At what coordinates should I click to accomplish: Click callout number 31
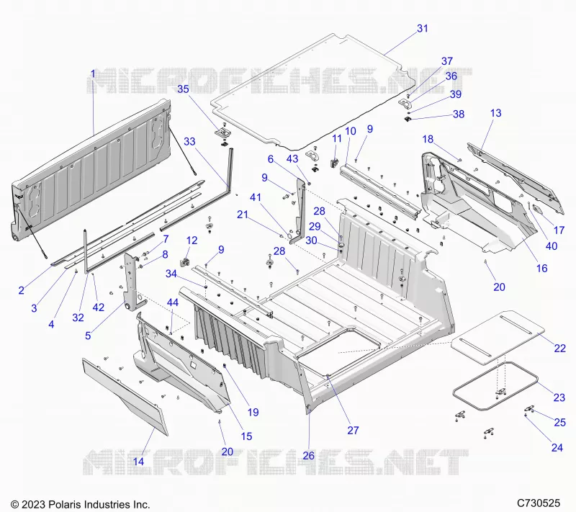pyautogui.click(x=423, y=28)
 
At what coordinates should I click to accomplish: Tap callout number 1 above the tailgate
pyautogui.click(x=93, y=74)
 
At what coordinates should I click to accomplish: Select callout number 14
pyautogui.click(x=138, y=462)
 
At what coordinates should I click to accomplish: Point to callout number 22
pyautogui.click(x=559, y=348)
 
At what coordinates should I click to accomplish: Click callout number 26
pyautogui.click(x=309, y=455)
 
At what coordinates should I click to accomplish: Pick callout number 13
pyautogui.click(x=495, y=113)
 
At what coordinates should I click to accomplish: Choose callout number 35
pyautogui.click(x=183, y=89)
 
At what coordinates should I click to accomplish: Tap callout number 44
pyautogui.click(x=173, y=302)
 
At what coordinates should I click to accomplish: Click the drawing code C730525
pyautogui.click(x=539, y=503)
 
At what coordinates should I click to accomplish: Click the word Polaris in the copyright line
pyautogui.click(x=67, y=504)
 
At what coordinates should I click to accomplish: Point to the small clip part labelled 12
pyautogui.click(x=184, y=262)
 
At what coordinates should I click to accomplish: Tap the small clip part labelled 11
pyautogui.click(x=335, y=161)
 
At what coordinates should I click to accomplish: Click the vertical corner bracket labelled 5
pyautogui.click(x=132, y=282)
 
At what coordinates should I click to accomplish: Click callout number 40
pyautogui.click(x=552, y=246)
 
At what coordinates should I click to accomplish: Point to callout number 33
pyautogui.click(x=189, y=141)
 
